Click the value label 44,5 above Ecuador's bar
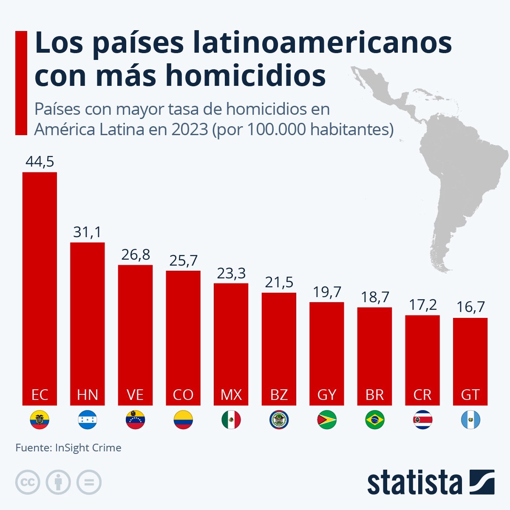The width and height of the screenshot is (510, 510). coord(40,162)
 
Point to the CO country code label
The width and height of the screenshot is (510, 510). coord(183,395)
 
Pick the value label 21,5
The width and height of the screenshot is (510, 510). coord(279,283)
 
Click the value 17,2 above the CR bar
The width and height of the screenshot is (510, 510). coord(422,305)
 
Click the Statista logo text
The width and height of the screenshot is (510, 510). coord(414,482)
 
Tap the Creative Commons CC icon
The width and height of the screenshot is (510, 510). coord(28,482)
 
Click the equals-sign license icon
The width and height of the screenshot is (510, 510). coord(89,482)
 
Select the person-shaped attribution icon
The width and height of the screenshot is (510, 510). coord(58,482)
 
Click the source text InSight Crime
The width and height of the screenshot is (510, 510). coord(88,448)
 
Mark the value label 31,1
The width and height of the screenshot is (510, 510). coord(87,232)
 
